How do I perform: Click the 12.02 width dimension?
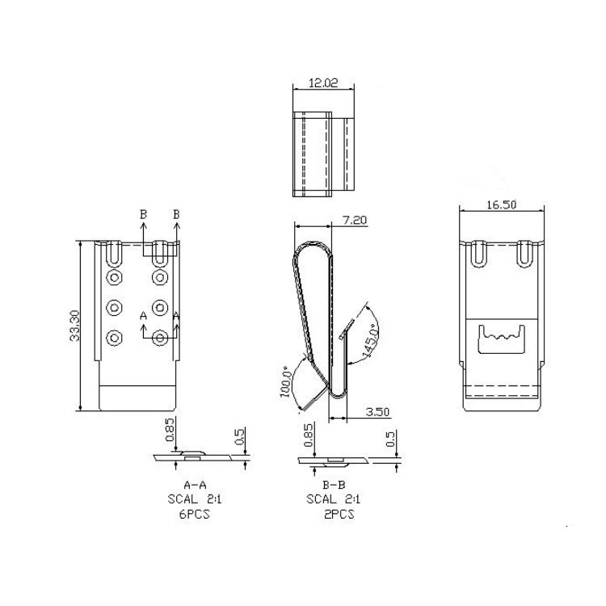tap(322, 83)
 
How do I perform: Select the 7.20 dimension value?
tap(356, 220)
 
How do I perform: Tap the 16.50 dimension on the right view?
tap(501, 204)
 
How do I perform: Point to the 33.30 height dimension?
tap(74, 326)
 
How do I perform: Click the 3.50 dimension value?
tap(377, 411)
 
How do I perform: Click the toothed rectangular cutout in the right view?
tap(500, 339)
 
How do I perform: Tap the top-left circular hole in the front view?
tap(114, 279)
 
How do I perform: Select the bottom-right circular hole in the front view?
tap(159, 337)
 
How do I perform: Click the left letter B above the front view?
tap(143, 214)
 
